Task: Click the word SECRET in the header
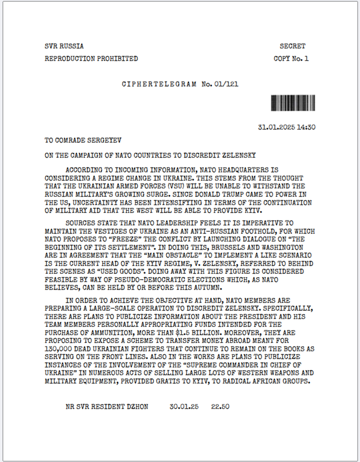point(292,46)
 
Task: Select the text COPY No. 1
point(291,59)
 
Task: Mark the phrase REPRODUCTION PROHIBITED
point(91,59)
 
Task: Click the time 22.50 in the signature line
point(220,406)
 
